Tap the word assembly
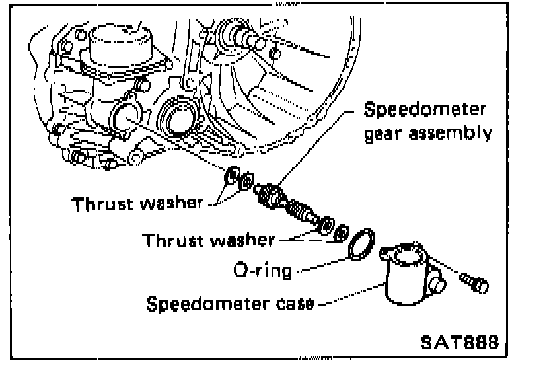(x=451, y=132)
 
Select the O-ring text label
(x=263, y=270)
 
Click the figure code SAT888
(x=459, y=342)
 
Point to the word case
(x=296, y=303)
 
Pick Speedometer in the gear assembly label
(x=424, y=109)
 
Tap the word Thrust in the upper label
(x=102, y=203)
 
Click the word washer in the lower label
(x=243, y=240)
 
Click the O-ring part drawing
(x=362, y=244)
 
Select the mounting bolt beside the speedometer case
(x=474, y=282)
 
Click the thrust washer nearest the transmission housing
(x=233, y=176)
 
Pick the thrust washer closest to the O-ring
(x=341, y=233)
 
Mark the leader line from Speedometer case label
(x=352, y=294)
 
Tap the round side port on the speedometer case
(x=437, y=283)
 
